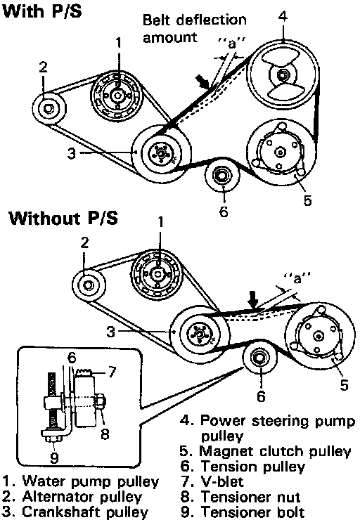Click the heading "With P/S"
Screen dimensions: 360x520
[41, 11]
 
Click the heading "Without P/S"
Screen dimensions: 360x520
[63, 219]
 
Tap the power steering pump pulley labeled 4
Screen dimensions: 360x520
[283, 76]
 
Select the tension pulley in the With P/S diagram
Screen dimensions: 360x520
[221, 175]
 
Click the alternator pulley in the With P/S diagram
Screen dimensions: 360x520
[49, 108]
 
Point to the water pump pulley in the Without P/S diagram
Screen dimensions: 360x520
[157, 273]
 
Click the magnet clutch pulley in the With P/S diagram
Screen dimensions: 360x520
[281, 152]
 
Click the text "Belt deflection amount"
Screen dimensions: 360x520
[195, 28]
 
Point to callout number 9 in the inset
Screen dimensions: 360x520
[54, 457]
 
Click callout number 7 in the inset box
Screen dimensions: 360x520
[112, 372]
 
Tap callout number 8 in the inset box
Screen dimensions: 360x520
[105, 434]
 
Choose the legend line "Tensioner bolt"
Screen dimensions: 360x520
[243, 512]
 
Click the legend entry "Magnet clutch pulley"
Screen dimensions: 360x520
[266, 451]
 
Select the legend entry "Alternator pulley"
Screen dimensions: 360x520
[72, 497]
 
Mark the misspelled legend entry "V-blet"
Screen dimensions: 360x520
[212, 481]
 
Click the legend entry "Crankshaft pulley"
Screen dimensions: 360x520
[75, 512]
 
